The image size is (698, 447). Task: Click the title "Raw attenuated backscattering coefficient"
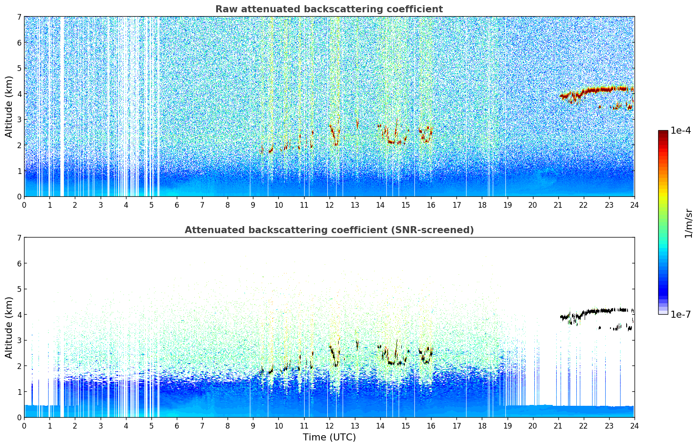point(329,9)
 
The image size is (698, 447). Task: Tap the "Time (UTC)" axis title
point(329,437)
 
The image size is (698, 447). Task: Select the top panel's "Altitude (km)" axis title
point(9,106)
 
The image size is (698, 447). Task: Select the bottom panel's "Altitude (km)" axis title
point(9,327)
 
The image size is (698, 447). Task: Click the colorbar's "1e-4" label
point(680,131)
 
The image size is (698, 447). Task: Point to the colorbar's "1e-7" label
point(680,314)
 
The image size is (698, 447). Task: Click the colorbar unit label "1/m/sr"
point(688,223)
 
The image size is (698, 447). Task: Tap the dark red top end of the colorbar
point(663,133)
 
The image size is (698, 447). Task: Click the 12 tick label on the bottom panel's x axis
point(329,426)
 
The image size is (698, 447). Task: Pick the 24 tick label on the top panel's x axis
point(634,205)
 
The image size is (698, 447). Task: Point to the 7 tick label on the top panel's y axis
point(19,17)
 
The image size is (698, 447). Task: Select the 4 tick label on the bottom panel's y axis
point(19,315)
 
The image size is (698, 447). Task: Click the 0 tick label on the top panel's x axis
point(24,205)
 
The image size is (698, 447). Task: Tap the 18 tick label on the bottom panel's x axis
point(482,426)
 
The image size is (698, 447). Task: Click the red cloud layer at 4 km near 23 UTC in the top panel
point(608,89)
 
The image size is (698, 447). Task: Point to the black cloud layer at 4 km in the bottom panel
point(608,310)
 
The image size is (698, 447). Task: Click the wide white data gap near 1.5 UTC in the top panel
point(62,105)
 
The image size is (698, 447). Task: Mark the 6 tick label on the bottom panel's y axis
point(19,263)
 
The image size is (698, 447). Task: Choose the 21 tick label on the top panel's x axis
point(558,205)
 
